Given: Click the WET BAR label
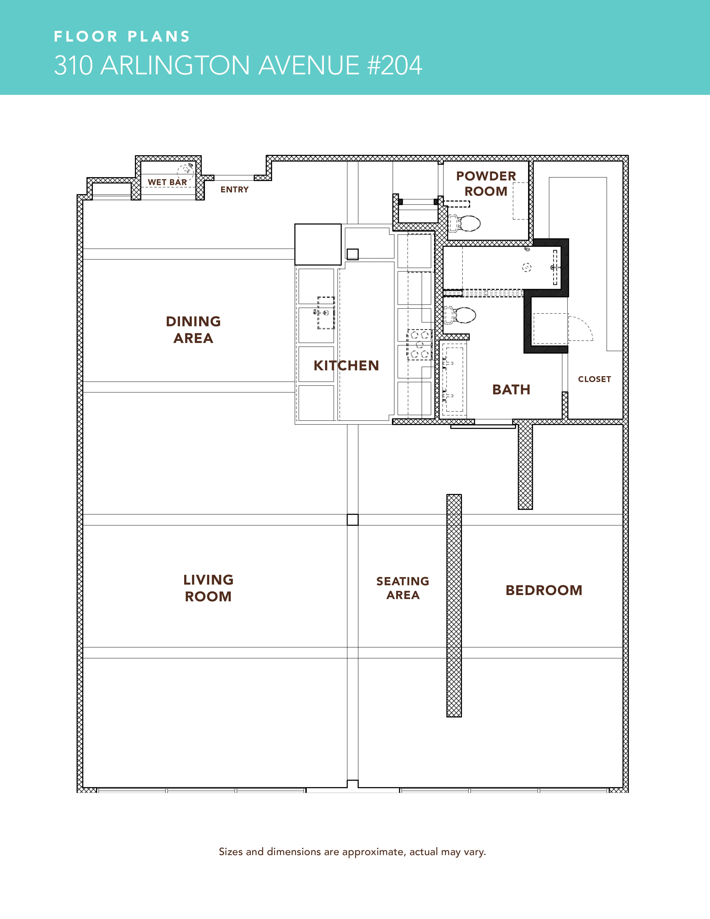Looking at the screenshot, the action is coord(167,182).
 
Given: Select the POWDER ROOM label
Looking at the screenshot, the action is coord(486,183).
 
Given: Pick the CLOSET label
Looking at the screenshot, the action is coord(594,379).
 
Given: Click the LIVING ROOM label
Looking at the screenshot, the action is coord(208,588).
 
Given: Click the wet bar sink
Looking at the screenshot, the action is coord(185,170).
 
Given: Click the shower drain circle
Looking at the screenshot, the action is coord(527,267).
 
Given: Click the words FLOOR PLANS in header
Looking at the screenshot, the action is coord(122,37).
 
